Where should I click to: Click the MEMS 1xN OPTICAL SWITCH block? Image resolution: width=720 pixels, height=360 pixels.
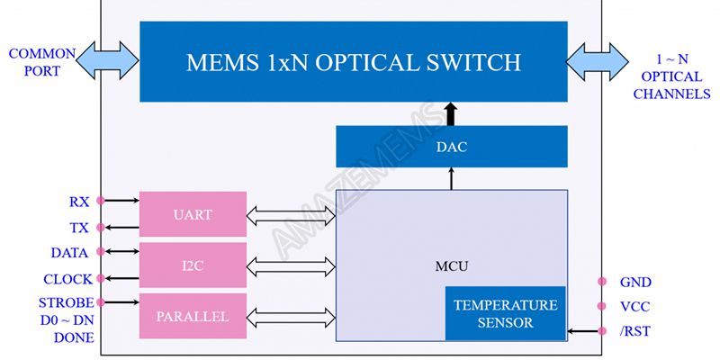[x=353, y=61]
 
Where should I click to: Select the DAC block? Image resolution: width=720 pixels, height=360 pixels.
[x=451, y=147]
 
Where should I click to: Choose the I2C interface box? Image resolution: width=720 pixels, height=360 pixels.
[x=193, y=266]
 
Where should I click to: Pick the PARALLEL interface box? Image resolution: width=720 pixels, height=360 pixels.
[x=193, y=316]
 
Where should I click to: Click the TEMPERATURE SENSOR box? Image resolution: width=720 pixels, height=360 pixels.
[x=505, y=313]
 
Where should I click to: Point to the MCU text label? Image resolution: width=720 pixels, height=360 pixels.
[x=451, y=267]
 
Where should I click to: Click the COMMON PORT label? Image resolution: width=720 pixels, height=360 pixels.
[x=41, y=62]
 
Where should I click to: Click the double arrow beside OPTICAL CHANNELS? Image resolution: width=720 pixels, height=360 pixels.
[x=598, y=61]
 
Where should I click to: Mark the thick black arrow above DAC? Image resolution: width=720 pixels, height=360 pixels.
[x=451, y=114]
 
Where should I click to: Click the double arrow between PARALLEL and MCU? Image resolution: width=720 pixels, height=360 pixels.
[x=290, y=317]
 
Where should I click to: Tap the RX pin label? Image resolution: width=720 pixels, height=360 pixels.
[x=79, y=202]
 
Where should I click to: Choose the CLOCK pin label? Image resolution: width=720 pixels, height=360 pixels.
[x=67, y=280]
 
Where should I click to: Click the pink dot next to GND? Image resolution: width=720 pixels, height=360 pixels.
[x=600, y=282]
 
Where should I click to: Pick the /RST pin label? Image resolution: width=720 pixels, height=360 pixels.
[x=634, y=332]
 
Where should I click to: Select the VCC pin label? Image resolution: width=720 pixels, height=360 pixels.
[x=634, y=306]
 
